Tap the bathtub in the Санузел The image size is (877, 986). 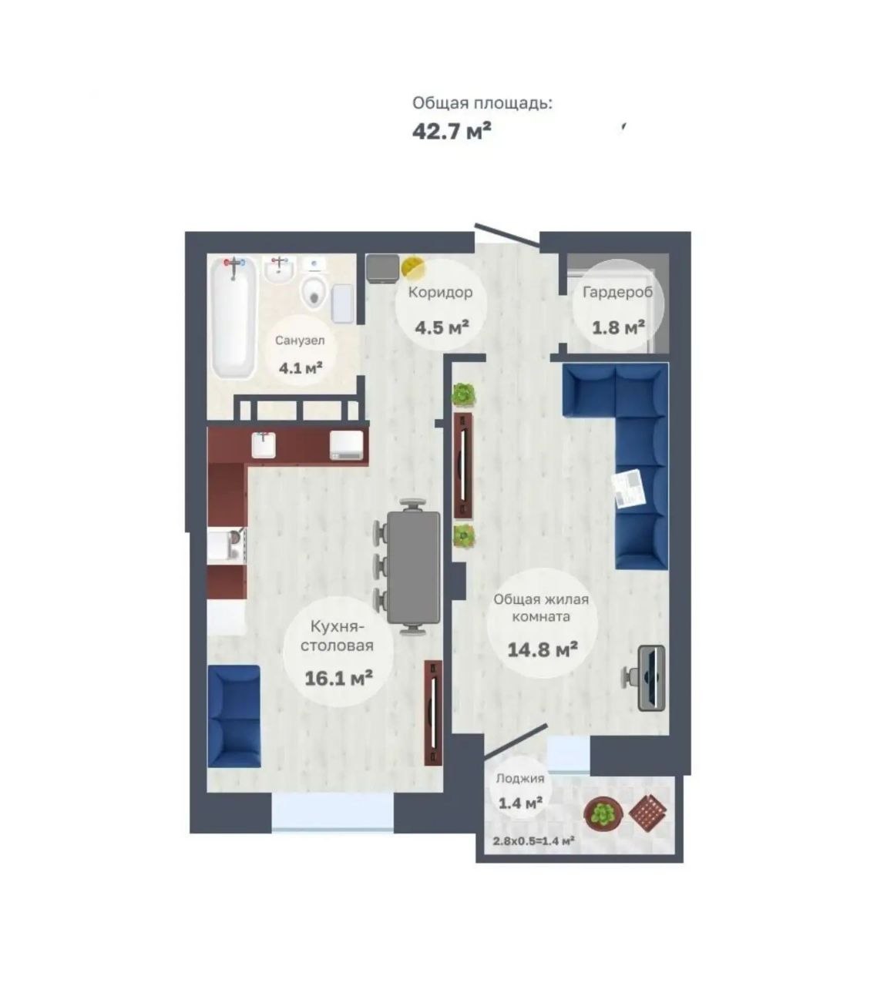tap(234, 318)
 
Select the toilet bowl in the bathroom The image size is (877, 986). tap(313, 291)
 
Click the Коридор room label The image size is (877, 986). tap(440, 292)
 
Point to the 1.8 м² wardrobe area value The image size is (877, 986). tap(618, 327)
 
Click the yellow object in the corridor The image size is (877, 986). tap(412, 267)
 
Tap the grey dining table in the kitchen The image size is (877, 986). tap(414, 567)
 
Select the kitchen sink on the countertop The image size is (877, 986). tap(264, 444)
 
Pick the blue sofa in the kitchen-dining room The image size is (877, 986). tap(234, 716)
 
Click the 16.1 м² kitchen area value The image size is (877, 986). tap(338, 677)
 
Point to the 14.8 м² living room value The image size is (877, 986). tap(543, 649)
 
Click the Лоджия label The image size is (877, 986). tap(520, 778)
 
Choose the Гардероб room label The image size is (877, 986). tap(617, 292)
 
